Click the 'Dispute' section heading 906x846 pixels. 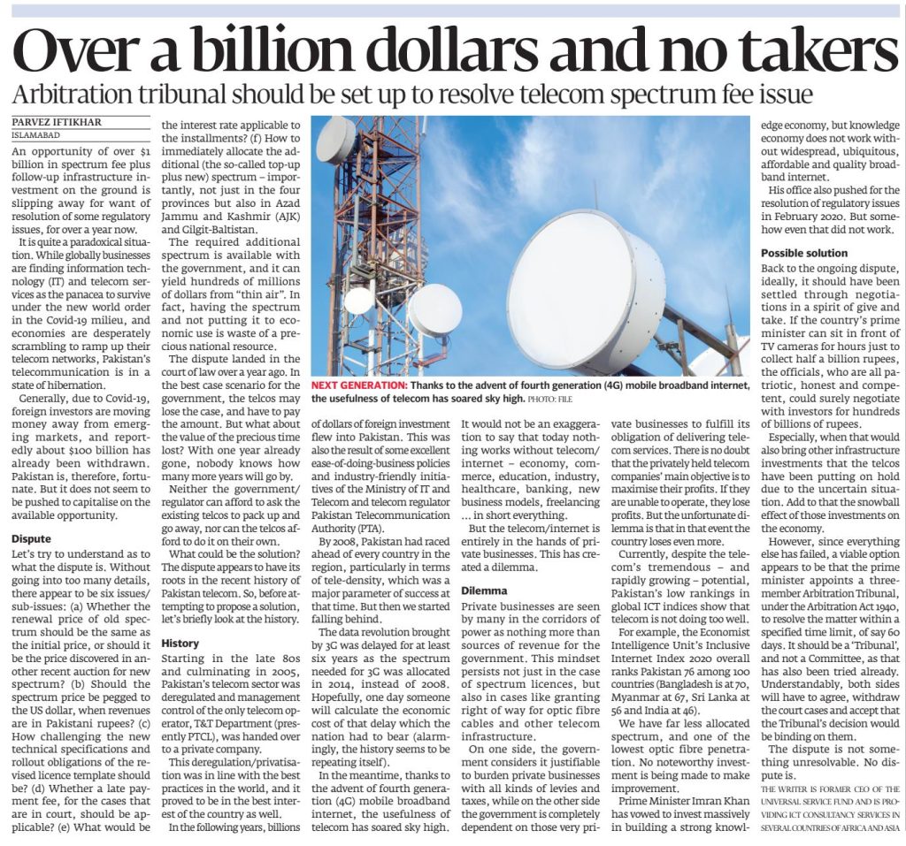pyautogui.click(x=30, y=537)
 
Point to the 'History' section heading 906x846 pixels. pyautogui.click(x=180, y=644)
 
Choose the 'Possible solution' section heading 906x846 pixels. pyautogui.click(x=804, y=253)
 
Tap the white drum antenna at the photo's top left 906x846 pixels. pyautogui.click(x=335, y=141)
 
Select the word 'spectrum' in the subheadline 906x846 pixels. pyautogui.click(x=666, y=95)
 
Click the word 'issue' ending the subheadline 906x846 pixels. pyautogui.click(x=784, y=95)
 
